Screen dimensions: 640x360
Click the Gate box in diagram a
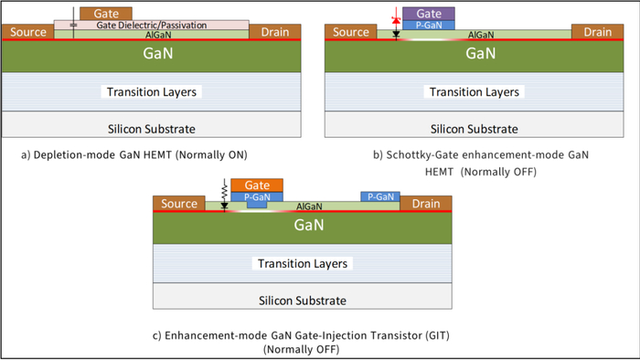[x=106, y=14]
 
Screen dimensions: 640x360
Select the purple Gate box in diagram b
[x=429, y=14]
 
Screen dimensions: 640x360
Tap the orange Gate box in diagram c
[x=257, y=185]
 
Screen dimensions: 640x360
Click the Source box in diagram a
[x=27, y=32]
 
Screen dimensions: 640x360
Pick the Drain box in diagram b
[x=598, y=32]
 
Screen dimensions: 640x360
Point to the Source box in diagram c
[x=179, y=204]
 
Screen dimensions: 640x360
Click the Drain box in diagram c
[x=426, y=204]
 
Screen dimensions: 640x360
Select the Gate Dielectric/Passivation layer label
[x=152, y=25]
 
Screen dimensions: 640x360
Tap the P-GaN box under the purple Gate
[x=429, y=25]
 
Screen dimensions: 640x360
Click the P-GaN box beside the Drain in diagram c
[x=380, y=196]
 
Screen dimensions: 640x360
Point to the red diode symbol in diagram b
[x=396, y=19]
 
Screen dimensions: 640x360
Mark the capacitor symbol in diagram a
[x=73, y=26]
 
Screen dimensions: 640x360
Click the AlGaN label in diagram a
[x=158, y=35]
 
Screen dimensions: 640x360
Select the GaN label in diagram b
[x=480, y=53]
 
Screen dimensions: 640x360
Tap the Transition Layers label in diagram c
[x=303, y=263]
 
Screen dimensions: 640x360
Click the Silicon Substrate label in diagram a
[x=152, y=129]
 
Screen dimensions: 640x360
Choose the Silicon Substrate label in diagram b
[x=474, y=129]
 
